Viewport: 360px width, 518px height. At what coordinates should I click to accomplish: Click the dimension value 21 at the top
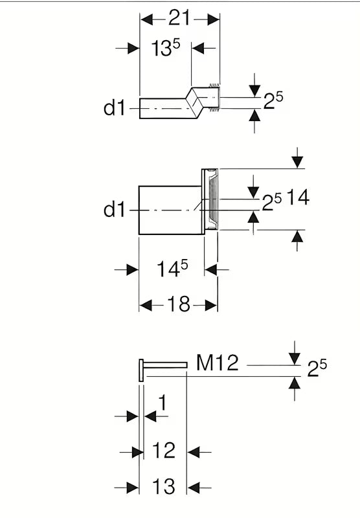coord(179,18)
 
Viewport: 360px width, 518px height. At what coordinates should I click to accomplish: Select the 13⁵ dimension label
coord(166,47)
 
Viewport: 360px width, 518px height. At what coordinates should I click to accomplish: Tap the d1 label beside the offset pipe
coord(115,107)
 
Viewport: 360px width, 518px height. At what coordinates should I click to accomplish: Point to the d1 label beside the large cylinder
coord(115,209)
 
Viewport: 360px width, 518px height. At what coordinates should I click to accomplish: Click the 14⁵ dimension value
coord(172,268)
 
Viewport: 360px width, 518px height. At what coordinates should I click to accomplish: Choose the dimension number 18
coord(179,304)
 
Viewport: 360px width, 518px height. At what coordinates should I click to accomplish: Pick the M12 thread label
coord(218,363)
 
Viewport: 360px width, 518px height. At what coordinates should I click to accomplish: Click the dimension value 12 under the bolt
coord(163,450)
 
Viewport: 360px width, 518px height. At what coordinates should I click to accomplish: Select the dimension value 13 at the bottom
coord(163,486)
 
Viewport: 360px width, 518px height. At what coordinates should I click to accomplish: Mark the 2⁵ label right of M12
coord(317,368)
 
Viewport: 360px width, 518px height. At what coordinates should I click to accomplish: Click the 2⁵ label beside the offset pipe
coord(273,100)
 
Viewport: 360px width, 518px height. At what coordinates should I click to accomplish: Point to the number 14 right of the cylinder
coord(298,197)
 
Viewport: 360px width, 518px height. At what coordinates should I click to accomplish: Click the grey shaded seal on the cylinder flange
coord(214,199)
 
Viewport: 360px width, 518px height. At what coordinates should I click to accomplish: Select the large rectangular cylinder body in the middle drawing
coord(170,210)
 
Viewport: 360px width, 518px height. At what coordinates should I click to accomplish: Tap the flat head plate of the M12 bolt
coord(141,370)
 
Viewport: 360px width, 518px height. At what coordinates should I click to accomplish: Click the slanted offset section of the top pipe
coord(194,103)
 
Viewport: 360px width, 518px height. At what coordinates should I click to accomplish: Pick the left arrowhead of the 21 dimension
coord(146,19)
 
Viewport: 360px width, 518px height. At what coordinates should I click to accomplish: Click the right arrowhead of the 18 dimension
coord(210,306)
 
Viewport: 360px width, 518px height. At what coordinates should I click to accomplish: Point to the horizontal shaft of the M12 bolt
coord(165,365)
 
